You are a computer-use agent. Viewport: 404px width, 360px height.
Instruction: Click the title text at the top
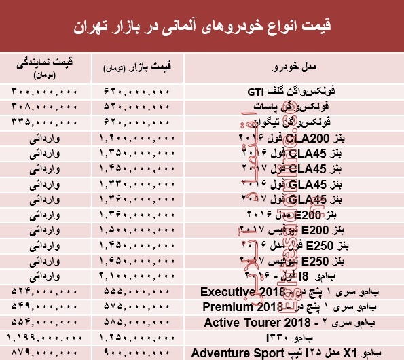coord(202,28)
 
